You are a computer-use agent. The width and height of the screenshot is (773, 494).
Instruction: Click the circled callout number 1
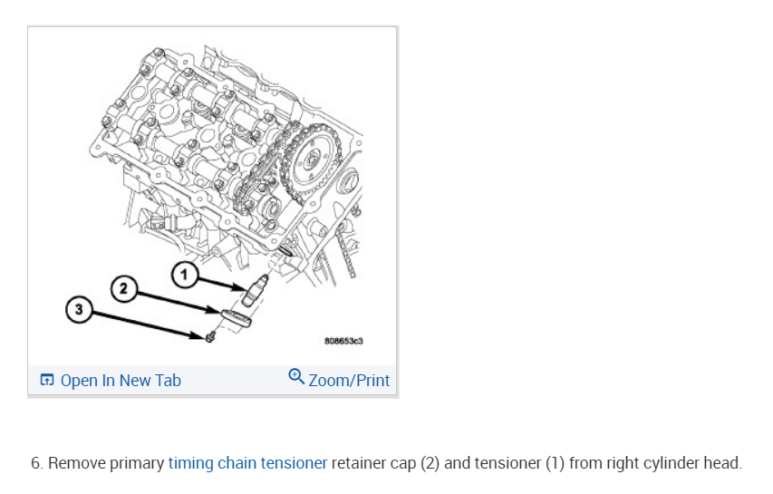coord(185,271)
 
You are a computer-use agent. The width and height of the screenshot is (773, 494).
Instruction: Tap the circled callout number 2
coord(124,289)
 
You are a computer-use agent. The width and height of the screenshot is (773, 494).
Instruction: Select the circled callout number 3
coord(79,310)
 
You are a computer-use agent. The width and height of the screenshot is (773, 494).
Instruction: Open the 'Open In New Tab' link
coord(121,381)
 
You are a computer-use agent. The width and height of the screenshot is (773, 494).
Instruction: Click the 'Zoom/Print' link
coord(349,381)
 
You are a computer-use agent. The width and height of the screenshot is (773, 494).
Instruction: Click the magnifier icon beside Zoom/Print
coord(295,378)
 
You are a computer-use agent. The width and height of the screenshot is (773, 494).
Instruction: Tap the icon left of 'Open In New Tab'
coord(47,381)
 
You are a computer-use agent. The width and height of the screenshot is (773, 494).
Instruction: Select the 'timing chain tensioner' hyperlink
coord(247,463)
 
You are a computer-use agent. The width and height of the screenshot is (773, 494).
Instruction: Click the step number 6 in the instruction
coord(36,463)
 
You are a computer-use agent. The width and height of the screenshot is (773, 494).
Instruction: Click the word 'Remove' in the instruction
coord(75,463)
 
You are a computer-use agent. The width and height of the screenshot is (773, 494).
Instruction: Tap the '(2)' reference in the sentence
coord(430,463)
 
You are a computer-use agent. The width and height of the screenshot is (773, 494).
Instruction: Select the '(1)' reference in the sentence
coord(554,463)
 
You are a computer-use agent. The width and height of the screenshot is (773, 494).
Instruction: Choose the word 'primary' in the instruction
coord(136,463)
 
